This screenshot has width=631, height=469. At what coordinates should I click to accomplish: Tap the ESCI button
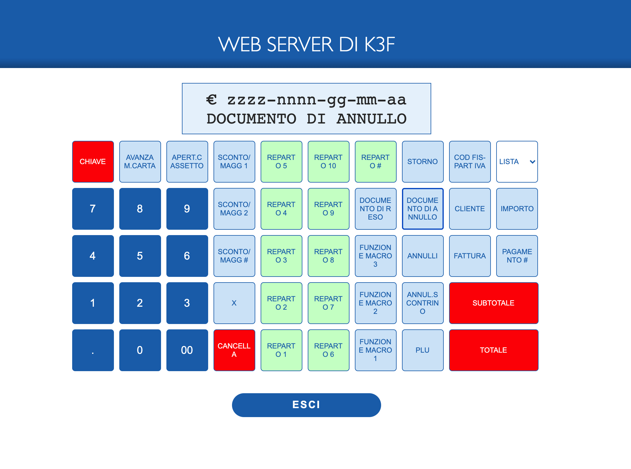tap(306, 405)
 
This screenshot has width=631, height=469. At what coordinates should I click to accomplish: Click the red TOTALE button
tap(494, 350)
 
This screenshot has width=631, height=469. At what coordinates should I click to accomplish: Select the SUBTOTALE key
tap(494, 303)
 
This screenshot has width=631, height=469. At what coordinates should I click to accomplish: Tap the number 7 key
tap(93, 209)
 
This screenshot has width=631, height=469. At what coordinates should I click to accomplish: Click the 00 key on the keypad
tap(187, 350)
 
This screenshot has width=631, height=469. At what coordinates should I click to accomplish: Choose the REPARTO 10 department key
tap(328, 161)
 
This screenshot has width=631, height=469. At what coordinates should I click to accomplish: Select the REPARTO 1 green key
tap(281, 350)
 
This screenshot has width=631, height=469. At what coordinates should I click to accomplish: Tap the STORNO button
tap(423, 161)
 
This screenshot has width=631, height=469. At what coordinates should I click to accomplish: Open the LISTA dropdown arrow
tap(532, 162)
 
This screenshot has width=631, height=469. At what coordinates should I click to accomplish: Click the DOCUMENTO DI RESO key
tap(375, 209)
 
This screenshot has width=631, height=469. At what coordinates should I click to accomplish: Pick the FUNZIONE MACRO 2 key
tap(375, 303)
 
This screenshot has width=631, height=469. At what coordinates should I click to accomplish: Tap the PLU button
tap(423, 350)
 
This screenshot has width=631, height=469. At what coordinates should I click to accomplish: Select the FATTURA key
tap(470, 256)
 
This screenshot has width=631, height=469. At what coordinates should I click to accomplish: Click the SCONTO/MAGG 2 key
tap(234, 209)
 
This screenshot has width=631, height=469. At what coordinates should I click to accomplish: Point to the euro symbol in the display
tap(211, 100)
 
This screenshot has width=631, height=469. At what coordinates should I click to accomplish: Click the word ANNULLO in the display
tap(372, 119)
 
